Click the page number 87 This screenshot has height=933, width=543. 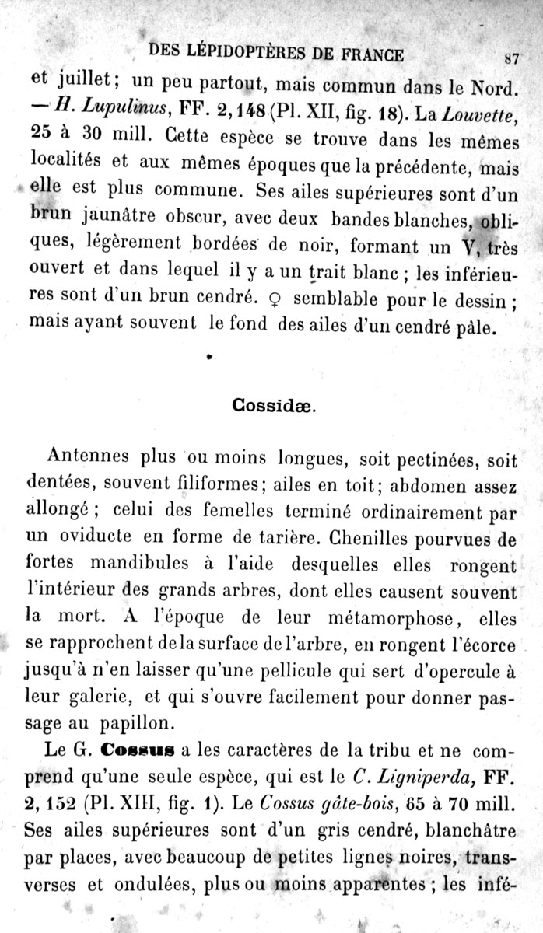click(x=511, y=57)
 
